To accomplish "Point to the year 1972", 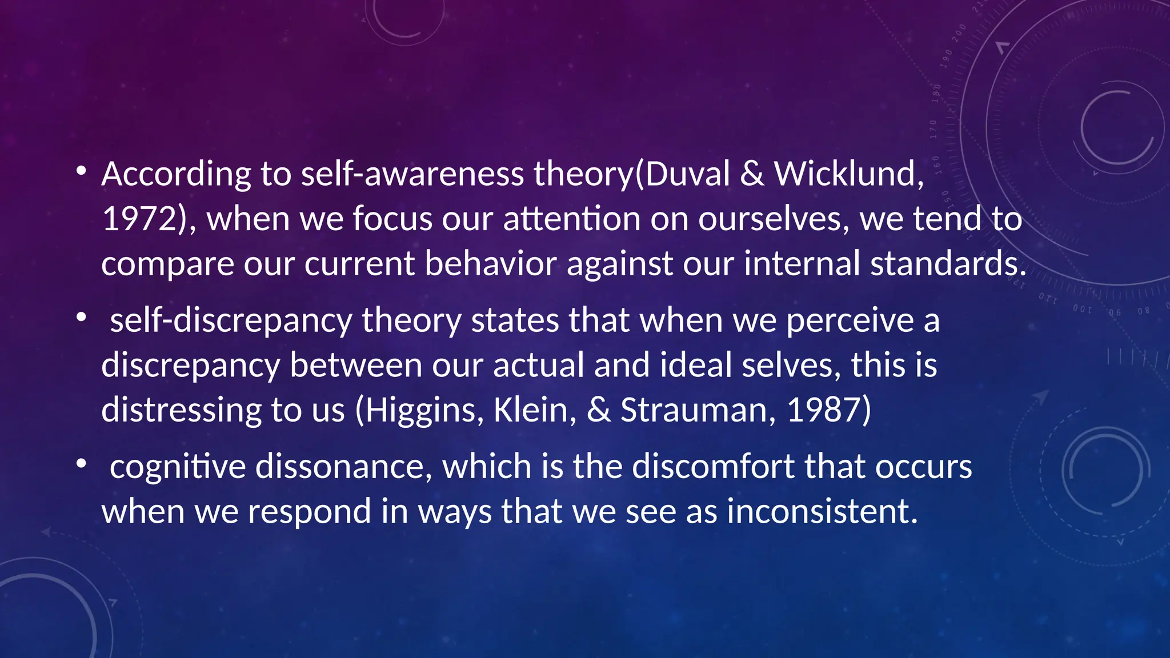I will [139, 219].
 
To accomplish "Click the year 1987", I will [823, 410].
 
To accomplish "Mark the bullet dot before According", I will [82, 170].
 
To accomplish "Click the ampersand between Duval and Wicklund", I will [752, 174].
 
